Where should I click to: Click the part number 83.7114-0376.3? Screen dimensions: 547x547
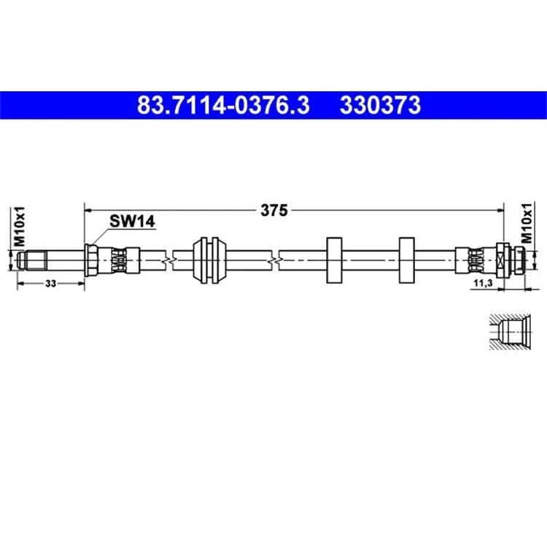coord(223,105)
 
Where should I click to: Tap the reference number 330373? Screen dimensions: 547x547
coord(380,105)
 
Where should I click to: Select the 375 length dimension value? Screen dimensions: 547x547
coord(274,210)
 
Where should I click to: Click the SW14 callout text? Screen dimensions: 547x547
coord(132,221)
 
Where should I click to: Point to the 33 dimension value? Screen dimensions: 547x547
coord(50,284)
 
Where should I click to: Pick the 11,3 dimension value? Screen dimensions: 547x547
coord(483,283)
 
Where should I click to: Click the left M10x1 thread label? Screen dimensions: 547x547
coord(19,226)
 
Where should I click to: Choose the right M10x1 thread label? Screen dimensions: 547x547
coord(527,223)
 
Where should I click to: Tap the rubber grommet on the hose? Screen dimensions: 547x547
coord(209,260)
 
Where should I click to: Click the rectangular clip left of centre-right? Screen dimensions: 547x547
coord(334,260)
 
